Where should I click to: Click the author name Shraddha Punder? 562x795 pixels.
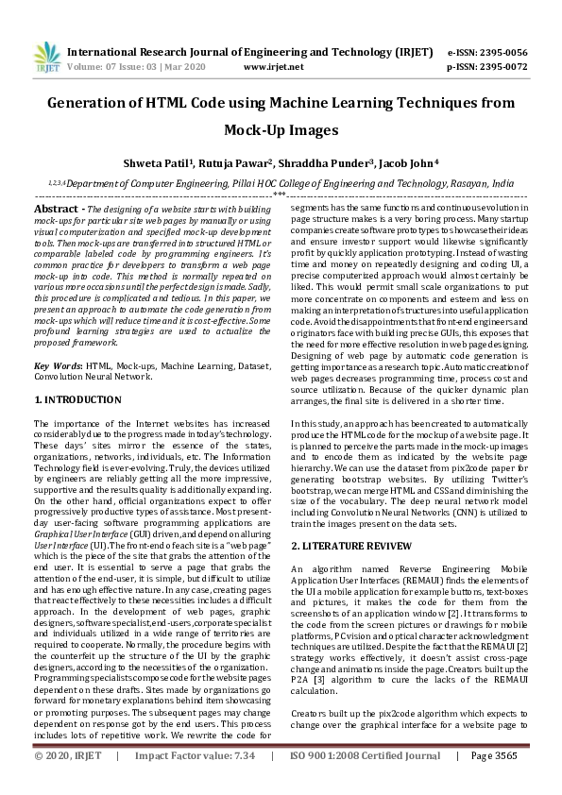tap(336, 163)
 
